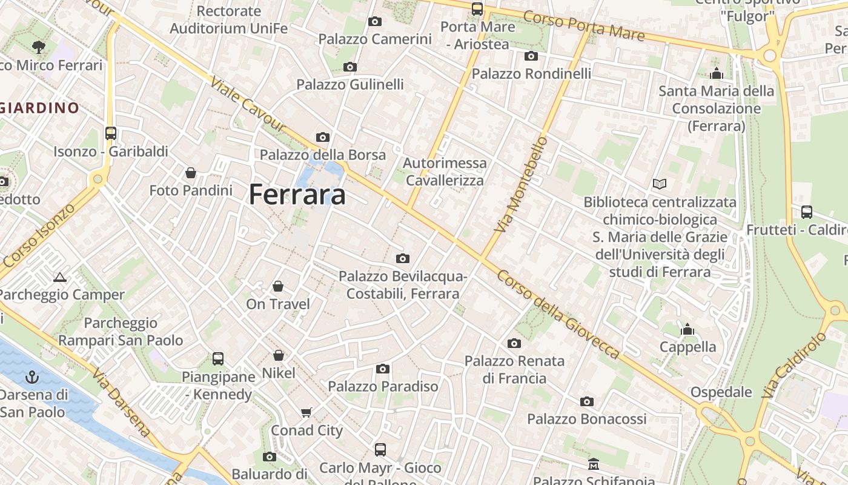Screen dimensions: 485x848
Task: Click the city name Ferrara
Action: pos(297,195)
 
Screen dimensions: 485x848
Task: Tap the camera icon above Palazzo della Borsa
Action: pos(323,137)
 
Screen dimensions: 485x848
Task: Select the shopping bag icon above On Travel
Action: pos(278,286)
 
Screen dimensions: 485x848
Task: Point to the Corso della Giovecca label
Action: pos(558,313)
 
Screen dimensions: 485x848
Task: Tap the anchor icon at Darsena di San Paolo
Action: pos(31,378)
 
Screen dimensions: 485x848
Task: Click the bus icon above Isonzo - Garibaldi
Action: pos(110,133)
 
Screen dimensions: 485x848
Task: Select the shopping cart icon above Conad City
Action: pos(306,413)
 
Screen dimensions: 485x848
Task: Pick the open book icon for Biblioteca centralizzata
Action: pos(660,184)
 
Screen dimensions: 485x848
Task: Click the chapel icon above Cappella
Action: pos(687,330)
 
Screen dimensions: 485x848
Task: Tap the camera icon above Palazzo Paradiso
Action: pos(382,369)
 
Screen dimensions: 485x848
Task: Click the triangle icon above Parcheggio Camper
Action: pos(59,278)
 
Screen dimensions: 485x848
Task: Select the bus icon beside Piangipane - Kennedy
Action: pos(218,359)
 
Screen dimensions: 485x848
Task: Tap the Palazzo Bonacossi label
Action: pos(586,419)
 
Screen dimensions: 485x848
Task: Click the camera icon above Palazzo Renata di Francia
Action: pos(514,344)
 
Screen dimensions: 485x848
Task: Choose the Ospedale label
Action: pos(721,392)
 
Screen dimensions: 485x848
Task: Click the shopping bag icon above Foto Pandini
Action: pos(191,173)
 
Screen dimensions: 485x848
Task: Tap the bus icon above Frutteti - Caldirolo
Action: pos(807,212)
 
